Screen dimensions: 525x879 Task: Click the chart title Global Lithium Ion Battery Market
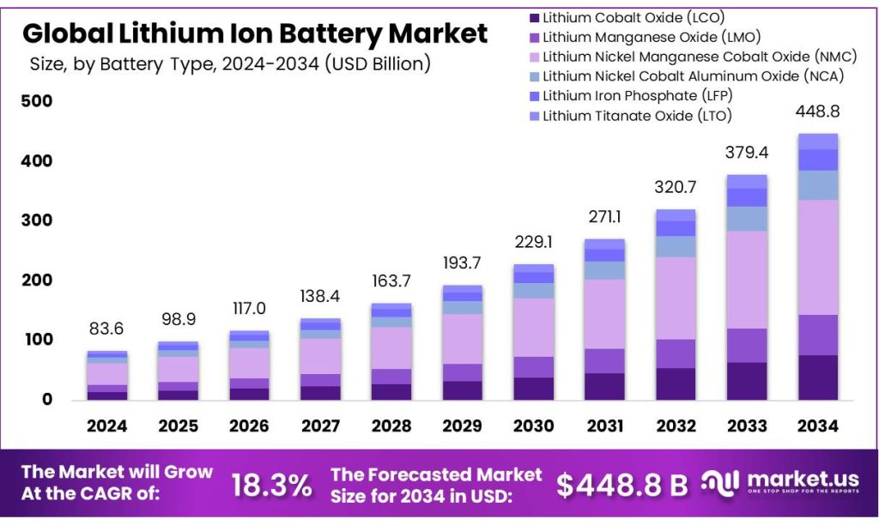coord(254,33)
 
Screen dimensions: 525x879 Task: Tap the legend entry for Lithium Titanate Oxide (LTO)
coord(631,115)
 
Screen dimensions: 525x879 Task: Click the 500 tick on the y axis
coord(37,101)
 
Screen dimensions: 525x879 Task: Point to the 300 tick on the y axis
coord(37,220)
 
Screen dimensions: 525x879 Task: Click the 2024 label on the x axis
coord(107,425)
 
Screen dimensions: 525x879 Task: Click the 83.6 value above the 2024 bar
coord(107,329)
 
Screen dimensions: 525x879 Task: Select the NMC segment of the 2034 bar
coord(817,257)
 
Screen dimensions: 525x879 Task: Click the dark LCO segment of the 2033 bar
coord(747,381)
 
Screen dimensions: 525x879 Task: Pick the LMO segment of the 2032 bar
coord(676,353)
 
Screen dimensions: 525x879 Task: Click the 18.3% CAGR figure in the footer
coord(271,485)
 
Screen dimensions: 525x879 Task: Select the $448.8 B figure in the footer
coord(621,485)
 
